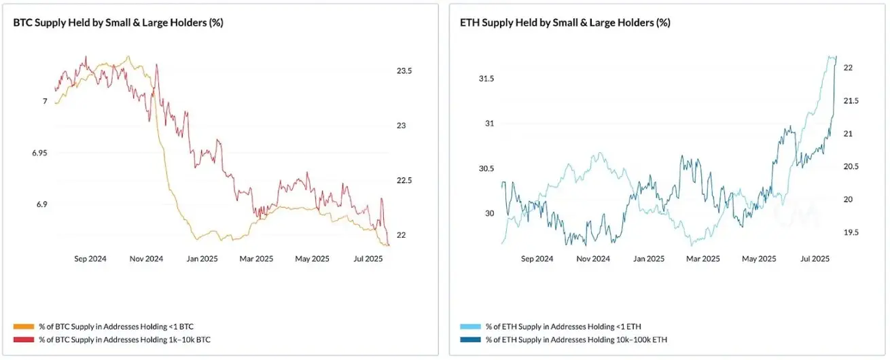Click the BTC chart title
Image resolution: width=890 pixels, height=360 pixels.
tap(119, 22)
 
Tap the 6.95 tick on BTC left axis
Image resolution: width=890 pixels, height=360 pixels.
tap(39, 153)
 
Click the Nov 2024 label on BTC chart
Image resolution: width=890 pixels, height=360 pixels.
tap(146, 259)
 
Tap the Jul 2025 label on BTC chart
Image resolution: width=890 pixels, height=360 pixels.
tap(369, 259)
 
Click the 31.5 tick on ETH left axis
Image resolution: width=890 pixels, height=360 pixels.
tap(486, 79)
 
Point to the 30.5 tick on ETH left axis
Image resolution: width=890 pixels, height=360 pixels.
tap(486, 168)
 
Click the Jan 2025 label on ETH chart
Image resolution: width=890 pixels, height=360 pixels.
tap(649, 259)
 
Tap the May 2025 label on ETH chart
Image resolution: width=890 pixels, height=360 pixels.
tap(758, 259)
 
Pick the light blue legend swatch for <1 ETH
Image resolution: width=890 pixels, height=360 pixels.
tap(469, 327)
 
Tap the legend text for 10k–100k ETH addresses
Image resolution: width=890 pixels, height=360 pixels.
tap(575, 338)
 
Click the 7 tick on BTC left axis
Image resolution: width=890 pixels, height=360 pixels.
tap(45, 101)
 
